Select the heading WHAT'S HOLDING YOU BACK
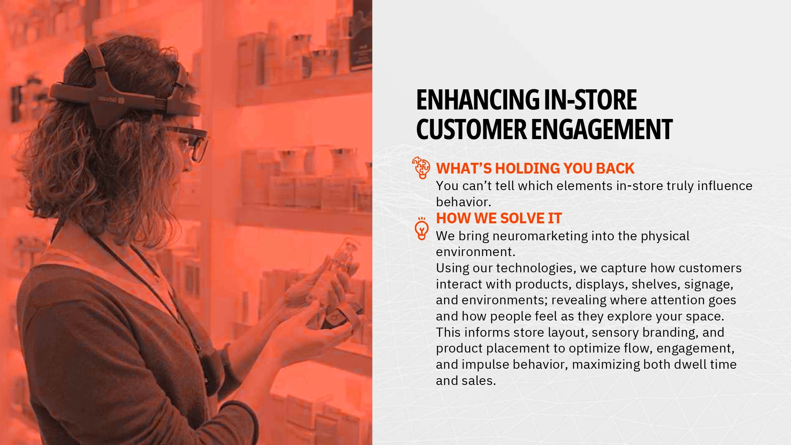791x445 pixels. pyautogui.click(x=535, y=168)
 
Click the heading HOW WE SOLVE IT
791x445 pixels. pyautogui.click(x=499, y=218)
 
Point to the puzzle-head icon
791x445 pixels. pyautogui.click(x=421, y=168)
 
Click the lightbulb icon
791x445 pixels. pyautogui.click(x=422, y=228)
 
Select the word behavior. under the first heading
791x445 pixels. pyautogui.click(x=464, y=202)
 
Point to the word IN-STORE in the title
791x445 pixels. pyautogui.click(x=590, y=100)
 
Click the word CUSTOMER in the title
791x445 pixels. pyautogui.click(x=471, y=130)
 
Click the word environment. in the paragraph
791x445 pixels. pyautogui.click(x=476, y=252)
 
